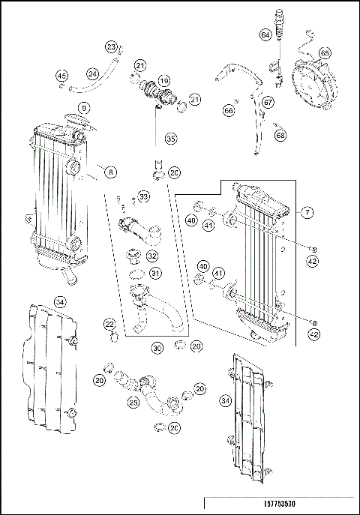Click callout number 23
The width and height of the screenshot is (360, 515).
coord(111,48)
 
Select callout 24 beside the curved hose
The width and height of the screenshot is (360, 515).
coord(93,73)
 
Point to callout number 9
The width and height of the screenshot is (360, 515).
coord(84,108)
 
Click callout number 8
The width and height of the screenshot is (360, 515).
coord(111,172)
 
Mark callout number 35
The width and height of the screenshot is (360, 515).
coord(171,139)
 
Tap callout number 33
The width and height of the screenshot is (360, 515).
coord(144,196)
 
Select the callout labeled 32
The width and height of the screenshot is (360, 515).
coord(152,255)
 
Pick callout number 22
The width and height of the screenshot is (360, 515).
coord(109,324)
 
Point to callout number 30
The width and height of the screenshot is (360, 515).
coord(157,348)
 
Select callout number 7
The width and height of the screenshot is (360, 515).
coord(307,213)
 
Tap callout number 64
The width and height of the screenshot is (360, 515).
coord(265,35)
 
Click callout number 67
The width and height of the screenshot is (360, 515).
coord(268,102)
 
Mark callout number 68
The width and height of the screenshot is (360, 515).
coord(280,136)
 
